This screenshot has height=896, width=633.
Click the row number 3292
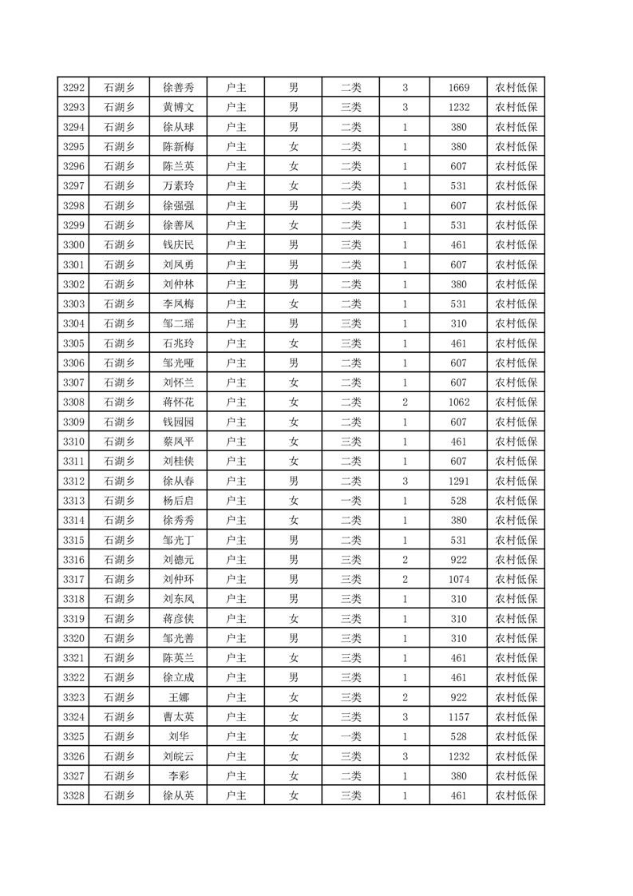click(x=73, y=88)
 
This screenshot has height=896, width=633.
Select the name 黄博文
click(x=178, y=107)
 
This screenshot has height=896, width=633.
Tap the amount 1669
click(x=459, y=88)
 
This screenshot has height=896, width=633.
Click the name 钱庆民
click(x=178, y=245)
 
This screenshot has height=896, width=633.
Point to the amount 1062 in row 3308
click(x=459, y=402)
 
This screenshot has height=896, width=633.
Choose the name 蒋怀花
click(x=178, y=402)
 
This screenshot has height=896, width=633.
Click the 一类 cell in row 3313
click(x=350, y=501)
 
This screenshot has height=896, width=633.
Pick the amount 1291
click(x=459, y=482)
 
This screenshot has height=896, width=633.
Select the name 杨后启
click(x=178, y=501)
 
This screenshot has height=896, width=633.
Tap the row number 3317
click(x=73, y=580)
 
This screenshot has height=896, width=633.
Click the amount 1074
click(x=459, y=580)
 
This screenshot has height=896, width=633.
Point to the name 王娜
click(x=178, y=697)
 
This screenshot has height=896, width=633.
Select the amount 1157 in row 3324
click(x=459, y=717)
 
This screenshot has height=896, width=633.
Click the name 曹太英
click(x=178, y=717)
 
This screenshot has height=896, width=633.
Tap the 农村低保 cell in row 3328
click(x=516, y=796)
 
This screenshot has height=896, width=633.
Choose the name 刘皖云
click(x=178, y=756)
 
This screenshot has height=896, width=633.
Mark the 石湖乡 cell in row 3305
click(x=120, y=343)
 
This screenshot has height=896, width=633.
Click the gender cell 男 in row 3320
click(x=293, y=639)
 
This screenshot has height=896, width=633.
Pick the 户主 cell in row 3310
click(x=236, y=442)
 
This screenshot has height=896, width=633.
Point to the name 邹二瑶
click(x=178, y=323)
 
